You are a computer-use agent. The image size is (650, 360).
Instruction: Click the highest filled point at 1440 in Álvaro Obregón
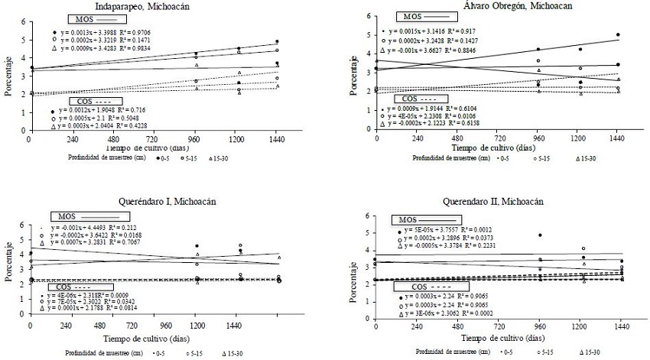pyautogui.click(x=617, y=35)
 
